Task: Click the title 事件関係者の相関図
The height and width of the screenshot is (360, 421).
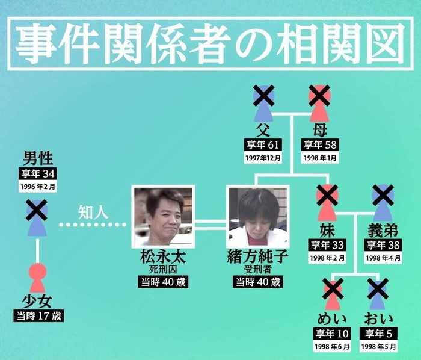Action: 210,43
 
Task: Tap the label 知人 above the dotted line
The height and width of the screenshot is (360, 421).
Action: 93,213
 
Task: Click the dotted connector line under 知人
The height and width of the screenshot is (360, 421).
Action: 93,225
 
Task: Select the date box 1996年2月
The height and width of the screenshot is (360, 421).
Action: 38,186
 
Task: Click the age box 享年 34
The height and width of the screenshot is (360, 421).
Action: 38,174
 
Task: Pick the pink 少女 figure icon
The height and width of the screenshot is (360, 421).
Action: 37,278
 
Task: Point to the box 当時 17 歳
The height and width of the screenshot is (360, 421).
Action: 38,316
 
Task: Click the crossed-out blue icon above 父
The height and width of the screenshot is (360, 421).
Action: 263,104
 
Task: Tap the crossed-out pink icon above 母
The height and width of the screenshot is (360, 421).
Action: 319,104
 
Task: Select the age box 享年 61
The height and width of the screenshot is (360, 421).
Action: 263,145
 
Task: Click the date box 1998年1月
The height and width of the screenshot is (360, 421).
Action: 320,158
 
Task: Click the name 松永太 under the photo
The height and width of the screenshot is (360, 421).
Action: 163,257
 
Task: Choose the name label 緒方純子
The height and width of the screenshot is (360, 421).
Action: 258,257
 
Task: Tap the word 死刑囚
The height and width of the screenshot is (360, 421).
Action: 163,270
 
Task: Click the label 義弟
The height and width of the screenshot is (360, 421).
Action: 383,231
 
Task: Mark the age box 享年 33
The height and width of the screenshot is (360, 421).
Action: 327,245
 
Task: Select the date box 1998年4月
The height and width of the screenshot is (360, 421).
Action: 383,258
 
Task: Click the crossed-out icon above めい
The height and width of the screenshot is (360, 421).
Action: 333,294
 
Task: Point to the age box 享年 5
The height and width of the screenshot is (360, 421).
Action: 378,334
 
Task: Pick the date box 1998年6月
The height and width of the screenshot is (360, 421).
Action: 332,347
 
